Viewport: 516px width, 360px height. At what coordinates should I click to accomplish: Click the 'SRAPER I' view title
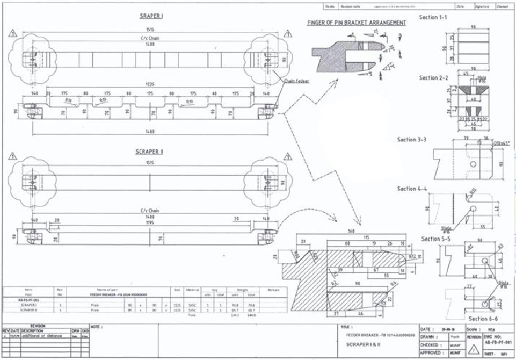[151, 17]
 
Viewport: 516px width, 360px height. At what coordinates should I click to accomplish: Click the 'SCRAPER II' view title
[151, 152]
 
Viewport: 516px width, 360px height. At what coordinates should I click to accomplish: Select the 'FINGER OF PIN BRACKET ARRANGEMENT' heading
[356, 23]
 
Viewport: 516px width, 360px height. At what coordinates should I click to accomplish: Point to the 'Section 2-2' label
[433, 78]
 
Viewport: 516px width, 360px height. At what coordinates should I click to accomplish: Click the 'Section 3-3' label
[412, 140]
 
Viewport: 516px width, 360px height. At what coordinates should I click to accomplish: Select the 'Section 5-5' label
[436, 239]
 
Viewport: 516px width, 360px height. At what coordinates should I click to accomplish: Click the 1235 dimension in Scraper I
[151, 84]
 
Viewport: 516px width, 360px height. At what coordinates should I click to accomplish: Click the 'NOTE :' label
[97, 326]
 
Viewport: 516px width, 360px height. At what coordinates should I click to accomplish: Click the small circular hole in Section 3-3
[473, 163]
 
